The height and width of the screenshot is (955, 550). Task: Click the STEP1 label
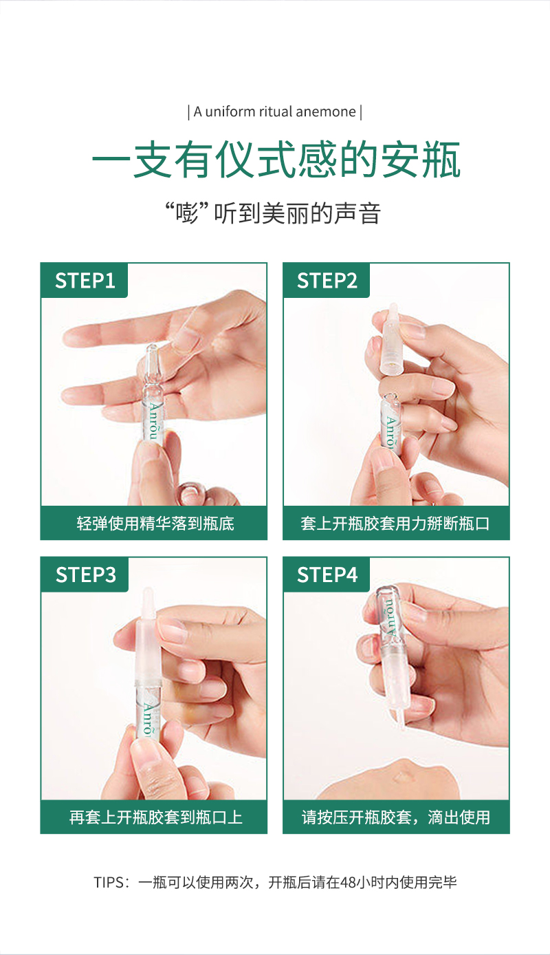click(x=85, y=281)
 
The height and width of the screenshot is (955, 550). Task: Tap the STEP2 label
click(x=327, y=281)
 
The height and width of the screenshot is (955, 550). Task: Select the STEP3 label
click(x=85, y=575)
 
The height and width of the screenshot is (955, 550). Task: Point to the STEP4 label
click(x=327, y=575)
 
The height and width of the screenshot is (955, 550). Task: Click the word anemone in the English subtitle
click(x=325, y=111)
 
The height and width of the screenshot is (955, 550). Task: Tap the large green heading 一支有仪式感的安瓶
click(x=276, y=160)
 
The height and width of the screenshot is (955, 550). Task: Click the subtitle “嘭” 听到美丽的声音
click(x=273, y=213)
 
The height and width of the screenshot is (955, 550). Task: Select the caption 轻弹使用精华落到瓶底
click(x=155, y=523)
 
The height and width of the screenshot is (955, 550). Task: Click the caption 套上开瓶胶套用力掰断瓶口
click(x=395, y=523)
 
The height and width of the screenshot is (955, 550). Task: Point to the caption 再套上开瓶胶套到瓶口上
click(x=156, y=817)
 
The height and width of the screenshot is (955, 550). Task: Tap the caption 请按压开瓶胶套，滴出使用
click(x=396, y=817)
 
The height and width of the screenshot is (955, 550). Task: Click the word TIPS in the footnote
click(x=108, y=882)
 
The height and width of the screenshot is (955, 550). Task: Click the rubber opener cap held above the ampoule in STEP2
click(x=393, y=339)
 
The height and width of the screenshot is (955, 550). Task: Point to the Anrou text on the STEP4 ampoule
click(x=389, y=618)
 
